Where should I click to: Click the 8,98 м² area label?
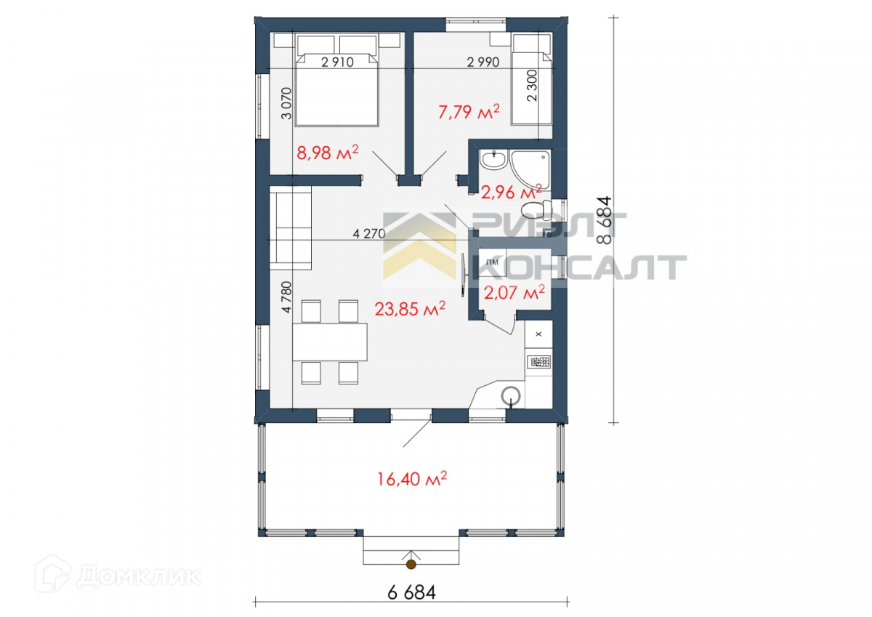point(328,152)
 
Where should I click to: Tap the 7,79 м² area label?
point(469,112)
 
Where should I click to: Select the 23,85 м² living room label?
point(410,309)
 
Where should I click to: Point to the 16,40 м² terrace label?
point(412,479)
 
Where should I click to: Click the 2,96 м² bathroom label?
point(511,192)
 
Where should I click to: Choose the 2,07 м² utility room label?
point(514,292)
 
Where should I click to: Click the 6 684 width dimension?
point(411,592)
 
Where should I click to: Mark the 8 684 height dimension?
point(605,220)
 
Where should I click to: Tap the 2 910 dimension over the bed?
point(337,62)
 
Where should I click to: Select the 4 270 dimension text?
point(369,233)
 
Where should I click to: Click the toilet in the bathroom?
point(536,210)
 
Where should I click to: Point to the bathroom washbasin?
point(493,160)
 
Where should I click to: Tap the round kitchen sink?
point(511,397)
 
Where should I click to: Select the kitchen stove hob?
point(538,362)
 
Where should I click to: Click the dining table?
point(330,342)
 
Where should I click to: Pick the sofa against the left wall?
point(291,227)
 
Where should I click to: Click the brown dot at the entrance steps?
point(411,564)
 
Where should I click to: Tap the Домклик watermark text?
point(139,576)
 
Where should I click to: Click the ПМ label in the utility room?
point(493,262)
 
